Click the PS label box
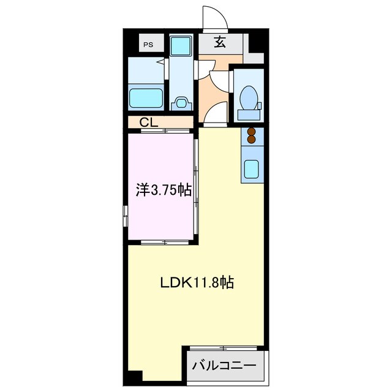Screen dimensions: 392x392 [x=148, y=44]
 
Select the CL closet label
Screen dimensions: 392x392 [x=149, y=122]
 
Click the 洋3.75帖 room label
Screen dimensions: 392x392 [x=163, y=190]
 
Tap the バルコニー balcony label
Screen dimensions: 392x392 [x=224, y=366]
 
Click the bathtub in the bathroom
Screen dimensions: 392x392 [x=146, y=97]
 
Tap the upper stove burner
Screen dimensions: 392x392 [x=251, y=132]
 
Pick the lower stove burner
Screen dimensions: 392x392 [x=251, y=140]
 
